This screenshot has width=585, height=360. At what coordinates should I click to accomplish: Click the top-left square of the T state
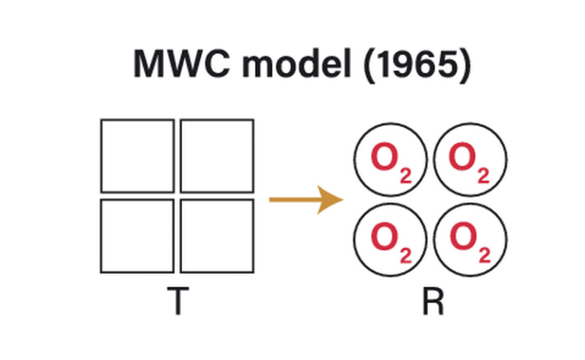[x=137, y=155]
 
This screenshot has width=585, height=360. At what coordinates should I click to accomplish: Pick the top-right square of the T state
[x=217, y=155]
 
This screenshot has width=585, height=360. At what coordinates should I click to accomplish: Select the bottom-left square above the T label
[x=137, y=235]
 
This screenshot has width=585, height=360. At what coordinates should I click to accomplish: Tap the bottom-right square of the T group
[x=217, y=235]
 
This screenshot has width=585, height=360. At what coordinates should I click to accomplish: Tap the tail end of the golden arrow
[x=273, y=201]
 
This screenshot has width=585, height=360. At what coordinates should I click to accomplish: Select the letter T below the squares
[x=177, y=302]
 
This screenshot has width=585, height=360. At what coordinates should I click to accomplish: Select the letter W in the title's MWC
[x=181, y=65]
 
